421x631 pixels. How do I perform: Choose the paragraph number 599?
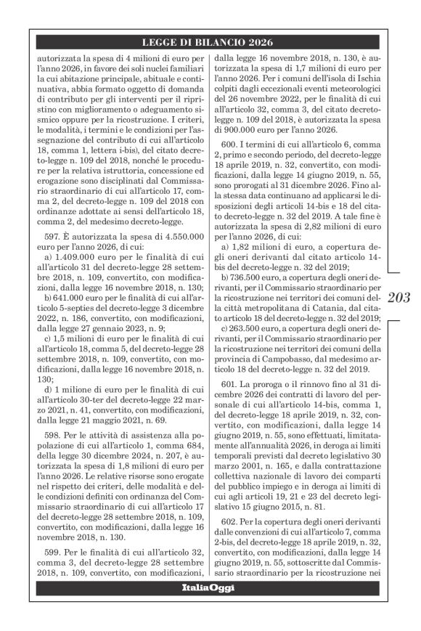[46, 551]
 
